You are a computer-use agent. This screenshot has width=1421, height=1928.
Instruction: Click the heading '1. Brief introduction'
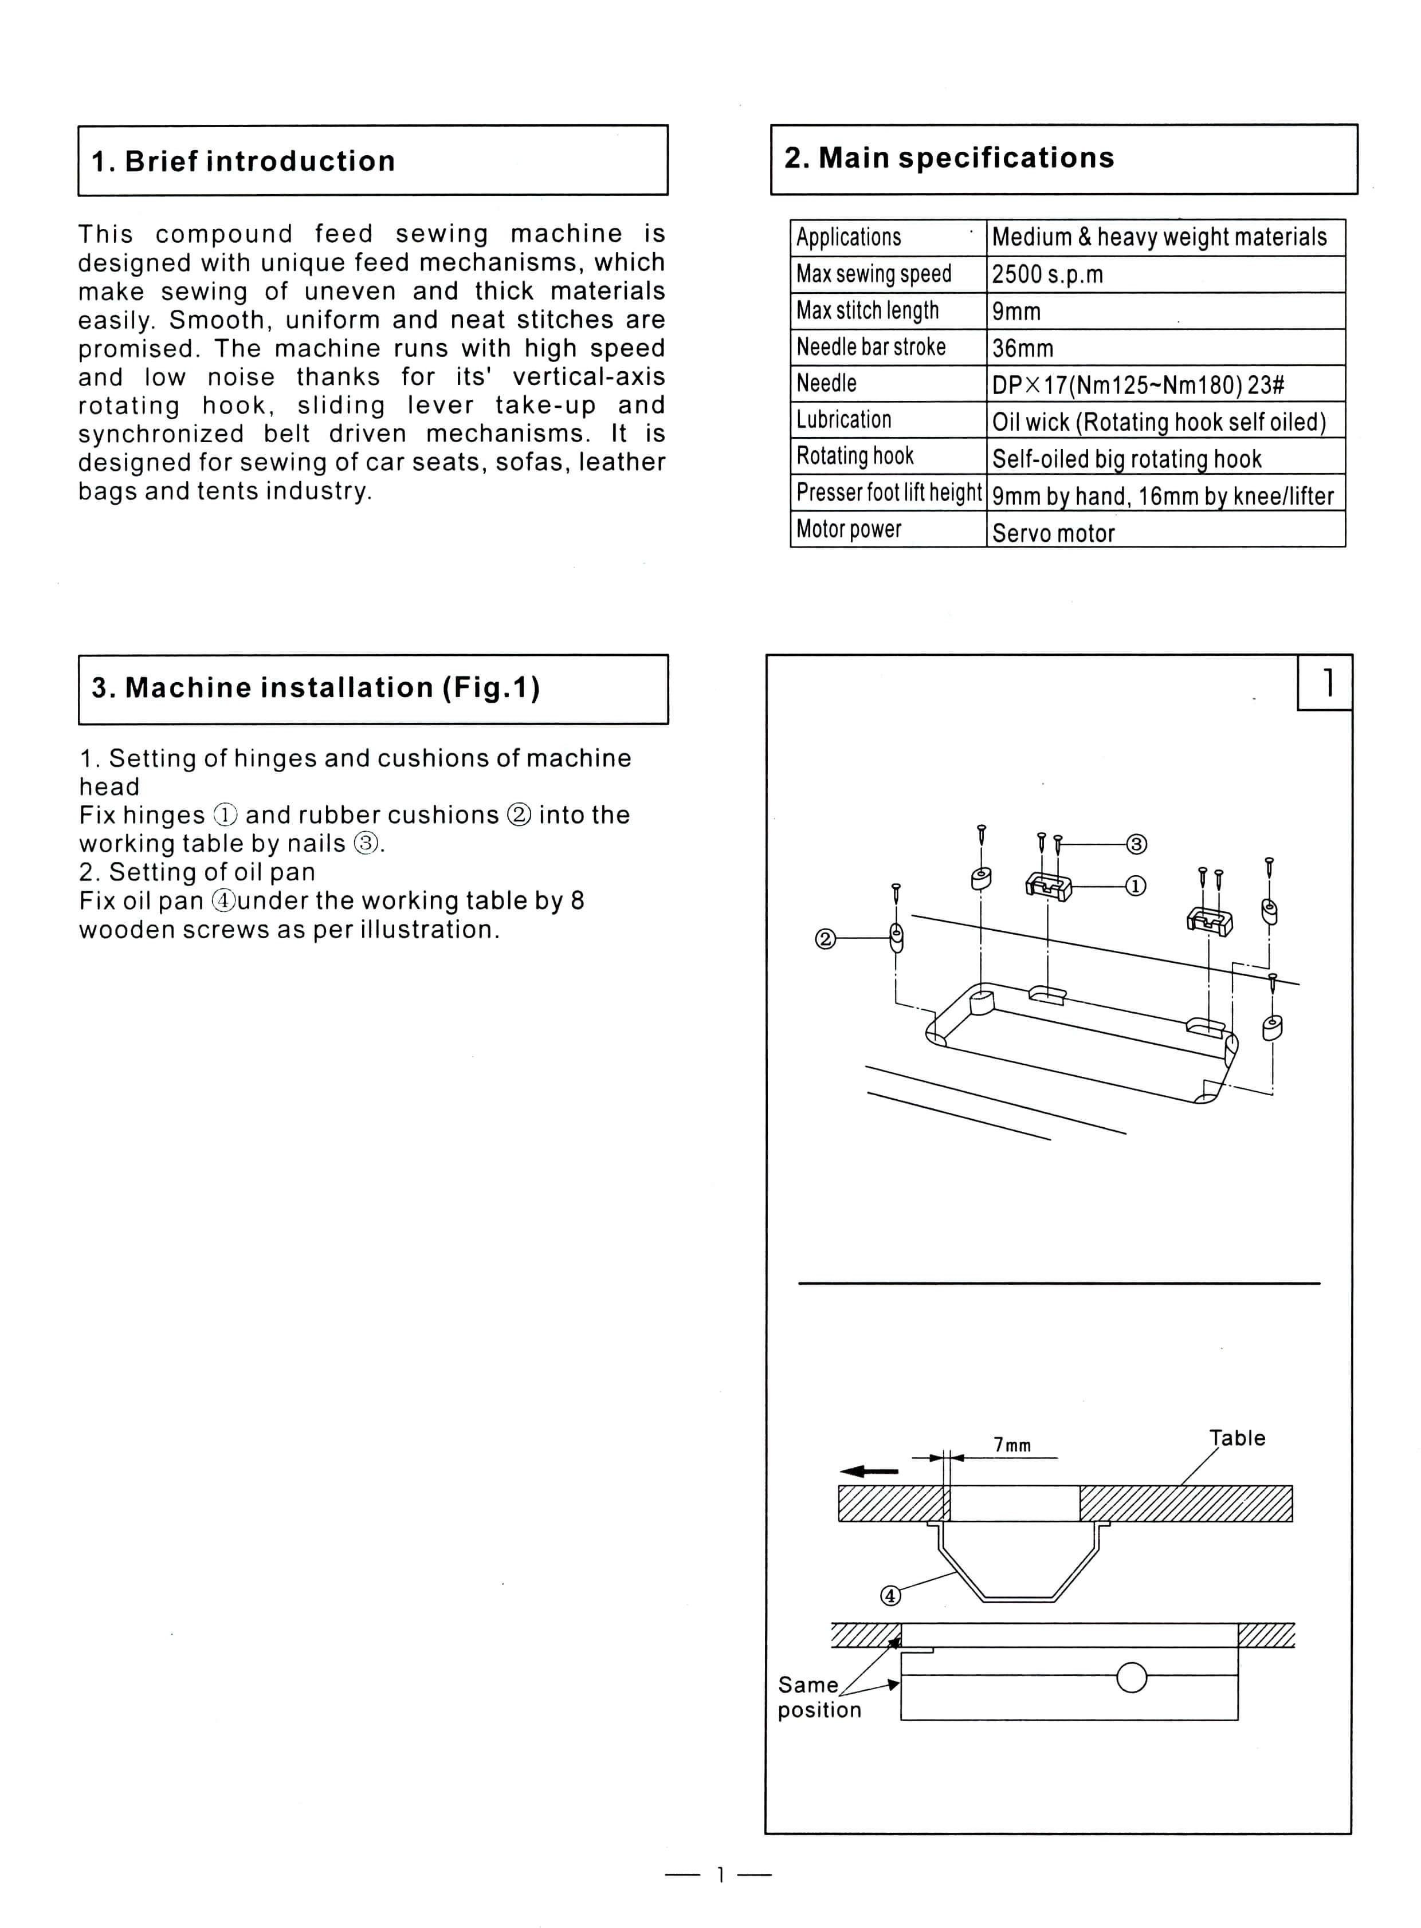pos(244,161)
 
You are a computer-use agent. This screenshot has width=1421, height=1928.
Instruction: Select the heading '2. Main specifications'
pos(949,158)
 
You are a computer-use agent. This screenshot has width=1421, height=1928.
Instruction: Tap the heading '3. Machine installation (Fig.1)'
pos(316,687)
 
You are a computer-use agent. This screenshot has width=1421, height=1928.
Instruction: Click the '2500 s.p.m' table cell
pos(1047,274)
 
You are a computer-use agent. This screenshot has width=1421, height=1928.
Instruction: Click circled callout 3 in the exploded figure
pos(1136,844)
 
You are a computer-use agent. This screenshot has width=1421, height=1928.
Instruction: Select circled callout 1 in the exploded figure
pos(1136,886)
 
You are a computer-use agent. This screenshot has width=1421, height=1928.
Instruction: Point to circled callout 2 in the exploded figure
pos(825,939)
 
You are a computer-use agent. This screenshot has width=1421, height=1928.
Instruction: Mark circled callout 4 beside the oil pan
pos(890,1596)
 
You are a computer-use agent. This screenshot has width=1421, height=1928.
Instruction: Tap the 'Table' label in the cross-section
pos(1237,1438)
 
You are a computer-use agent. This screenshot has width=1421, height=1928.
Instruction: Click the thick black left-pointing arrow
pos(869,1471)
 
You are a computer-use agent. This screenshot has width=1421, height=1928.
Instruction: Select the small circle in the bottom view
pos(1131,1678)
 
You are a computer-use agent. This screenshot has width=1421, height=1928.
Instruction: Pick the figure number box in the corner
pos(1325,683)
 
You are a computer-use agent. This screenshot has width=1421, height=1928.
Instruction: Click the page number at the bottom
pos(719,1875)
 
